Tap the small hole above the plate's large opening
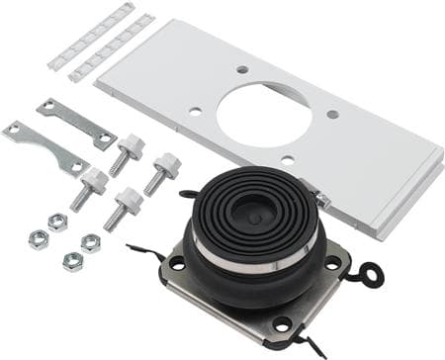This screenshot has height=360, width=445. click(x=242, y=70)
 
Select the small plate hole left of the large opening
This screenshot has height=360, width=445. click(x=195, y=112)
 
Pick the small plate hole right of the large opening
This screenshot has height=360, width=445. click(x=332, y=114)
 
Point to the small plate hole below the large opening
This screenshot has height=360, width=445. click(x=287, y=159)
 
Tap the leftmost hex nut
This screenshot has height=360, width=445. click(x=40, y=238)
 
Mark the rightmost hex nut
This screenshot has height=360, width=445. click(x=90, y=242)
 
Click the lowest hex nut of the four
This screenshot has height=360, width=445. click(x=72, y=261)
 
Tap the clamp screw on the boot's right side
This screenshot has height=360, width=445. click(x=322, y=201)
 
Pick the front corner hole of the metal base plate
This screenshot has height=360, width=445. click(x=283, y=323)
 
